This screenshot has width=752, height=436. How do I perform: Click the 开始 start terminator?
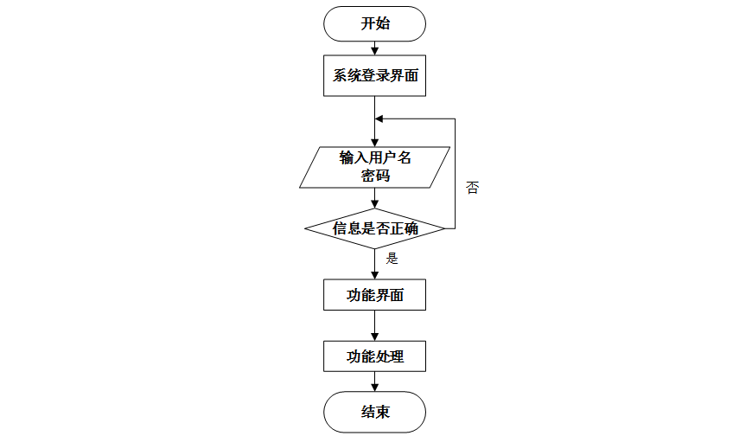pos(375,23)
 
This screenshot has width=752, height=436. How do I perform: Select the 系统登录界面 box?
pos(375,76)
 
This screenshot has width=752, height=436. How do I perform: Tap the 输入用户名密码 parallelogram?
pos(375,166)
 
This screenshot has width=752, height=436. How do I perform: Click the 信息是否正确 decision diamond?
pos(375,228)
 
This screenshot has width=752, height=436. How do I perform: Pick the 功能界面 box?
pos(375,295)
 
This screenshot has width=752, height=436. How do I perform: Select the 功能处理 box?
pos(375,355)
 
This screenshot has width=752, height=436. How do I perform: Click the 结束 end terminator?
pos(375,412)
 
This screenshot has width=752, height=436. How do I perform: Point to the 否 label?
pos(472,188)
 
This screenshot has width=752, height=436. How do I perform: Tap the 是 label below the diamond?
pos(392,258)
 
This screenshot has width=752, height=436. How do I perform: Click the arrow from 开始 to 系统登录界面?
pos(375,48)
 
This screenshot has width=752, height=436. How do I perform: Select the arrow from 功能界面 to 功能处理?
pos(375,325)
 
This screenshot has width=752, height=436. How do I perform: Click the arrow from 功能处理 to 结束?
pos(375,381)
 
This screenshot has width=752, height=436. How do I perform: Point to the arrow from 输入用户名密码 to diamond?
pos(375,198)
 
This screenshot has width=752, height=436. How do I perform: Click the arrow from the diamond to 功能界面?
pos(375,264)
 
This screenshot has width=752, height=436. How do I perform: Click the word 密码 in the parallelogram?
pos(375,176)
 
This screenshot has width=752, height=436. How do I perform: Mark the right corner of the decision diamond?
pos(444,228)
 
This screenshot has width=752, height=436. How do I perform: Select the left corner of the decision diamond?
pos(306,228)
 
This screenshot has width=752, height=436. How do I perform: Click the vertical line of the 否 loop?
pos(456,173)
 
